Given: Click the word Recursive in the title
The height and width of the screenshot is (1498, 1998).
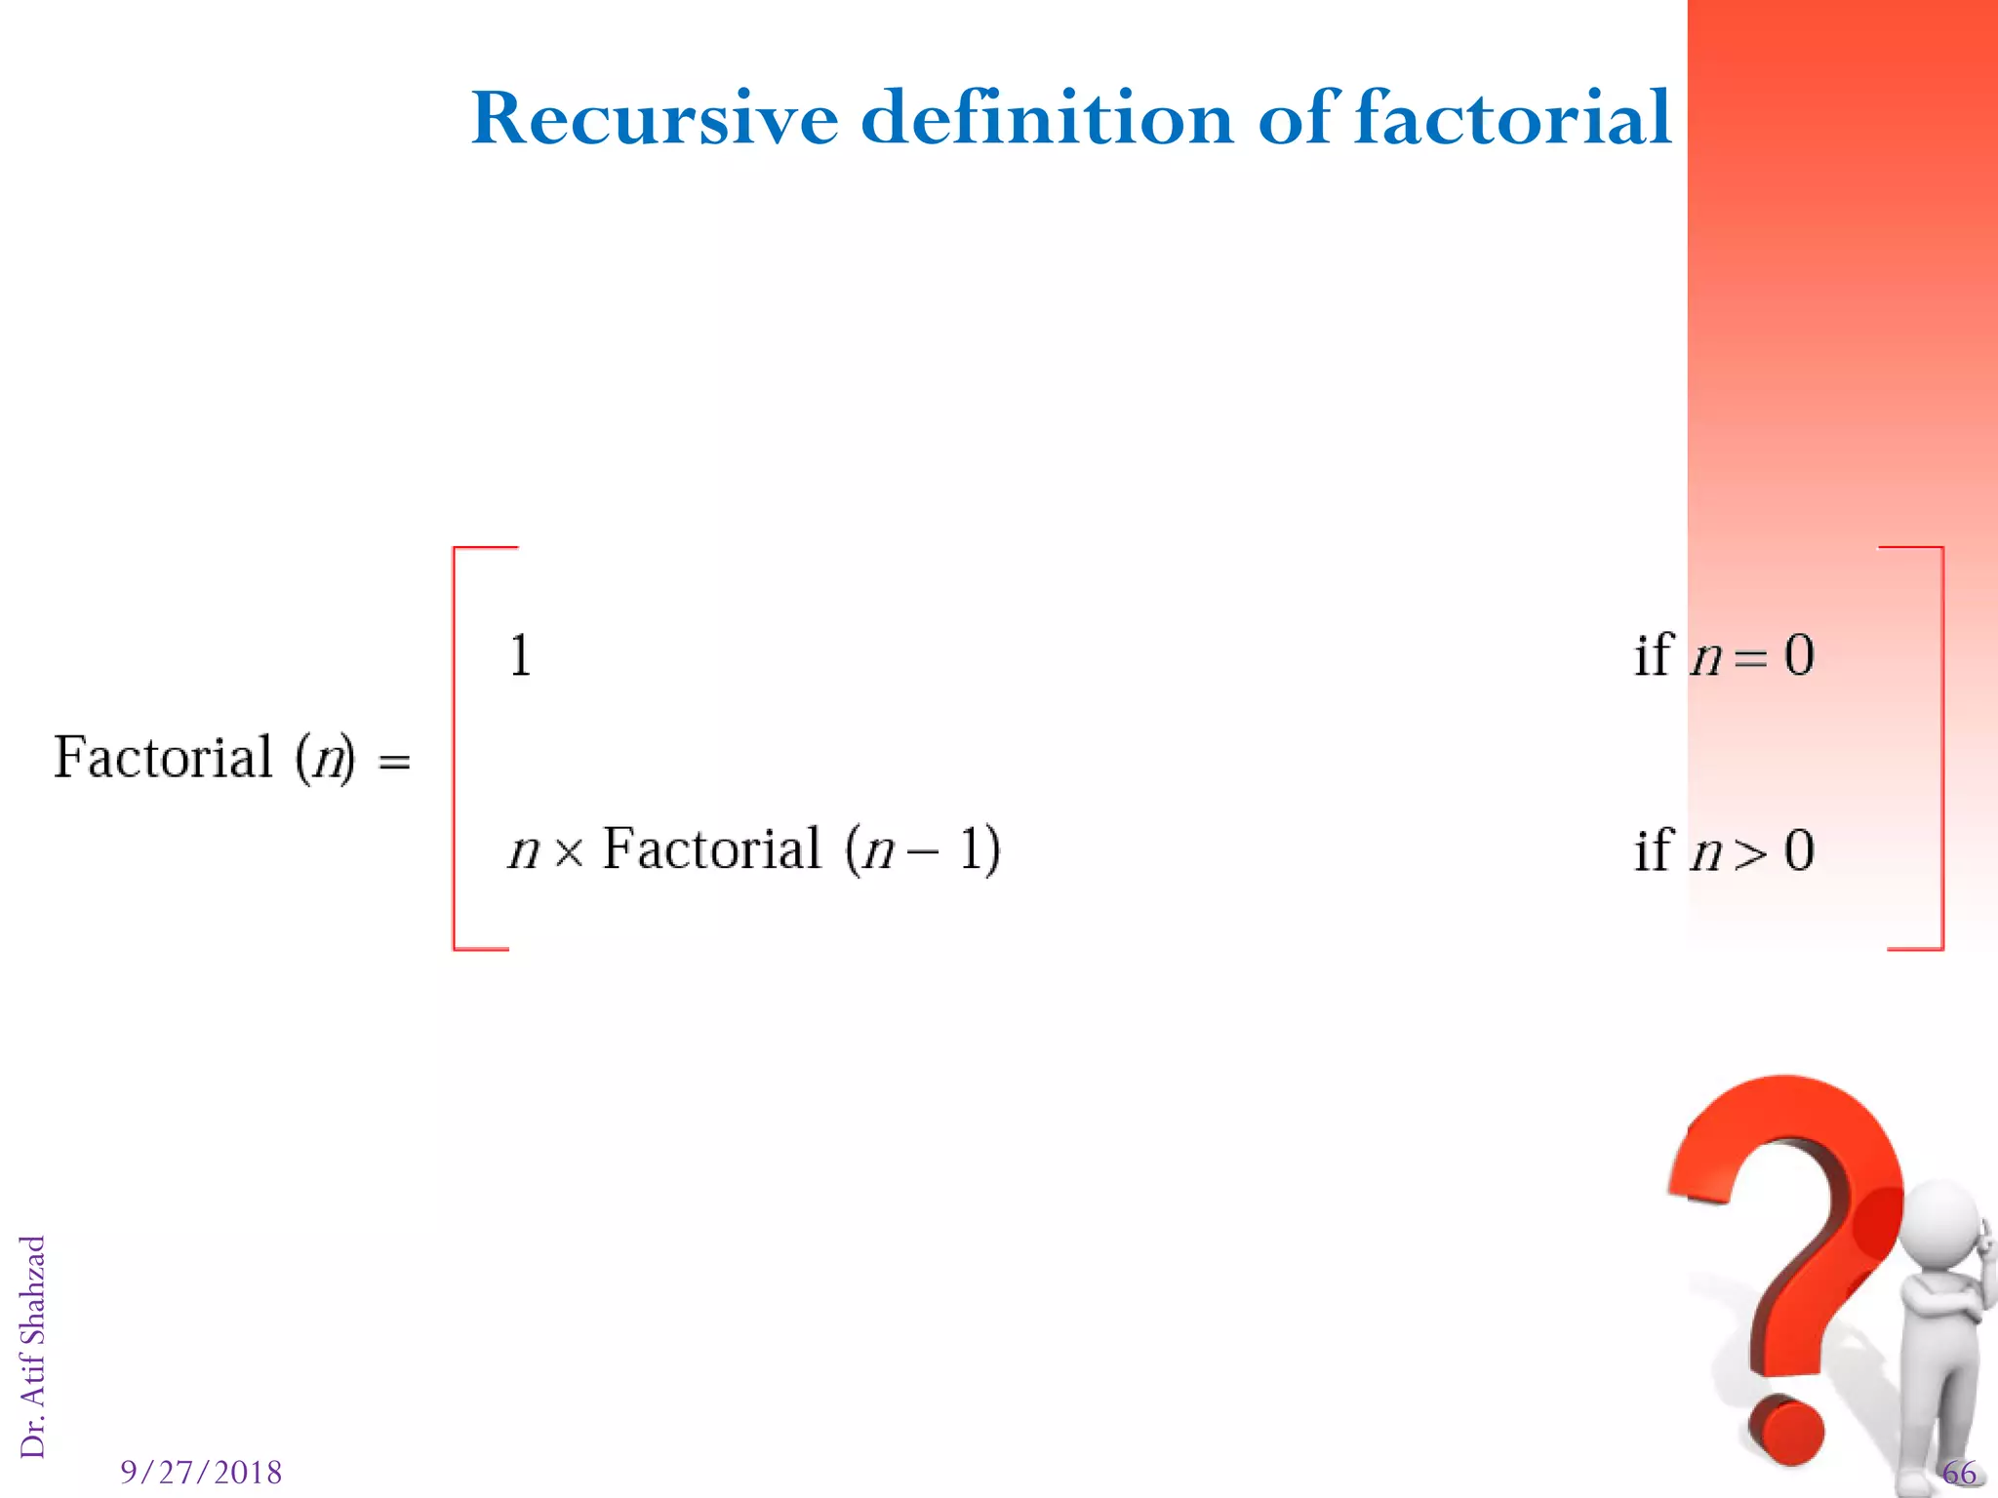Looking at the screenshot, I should [655, 119].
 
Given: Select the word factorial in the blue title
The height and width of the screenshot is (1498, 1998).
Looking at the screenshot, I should [1513, 119].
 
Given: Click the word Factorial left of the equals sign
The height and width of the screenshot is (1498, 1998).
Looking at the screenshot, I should [163, 758].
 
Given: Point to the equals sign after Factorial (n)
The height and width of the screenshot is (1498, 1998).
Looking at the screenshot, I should [394, 762].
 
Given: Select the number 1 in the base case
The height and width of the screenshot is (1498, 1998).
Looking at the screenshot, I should [521, 655].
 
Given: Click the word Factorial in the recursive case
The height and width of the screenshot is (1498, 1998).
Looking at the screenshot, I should [711, 848].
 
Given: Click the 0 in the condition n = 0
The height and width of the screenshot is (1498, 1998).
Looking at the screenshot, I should [1799, 655].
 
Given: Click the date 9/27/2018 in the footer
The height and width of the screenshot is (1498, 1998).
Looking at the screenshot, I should [201, 1472].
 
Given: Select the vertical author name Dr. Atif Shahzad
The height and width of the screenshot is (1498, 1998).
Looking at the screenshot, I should [33, 1347].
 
